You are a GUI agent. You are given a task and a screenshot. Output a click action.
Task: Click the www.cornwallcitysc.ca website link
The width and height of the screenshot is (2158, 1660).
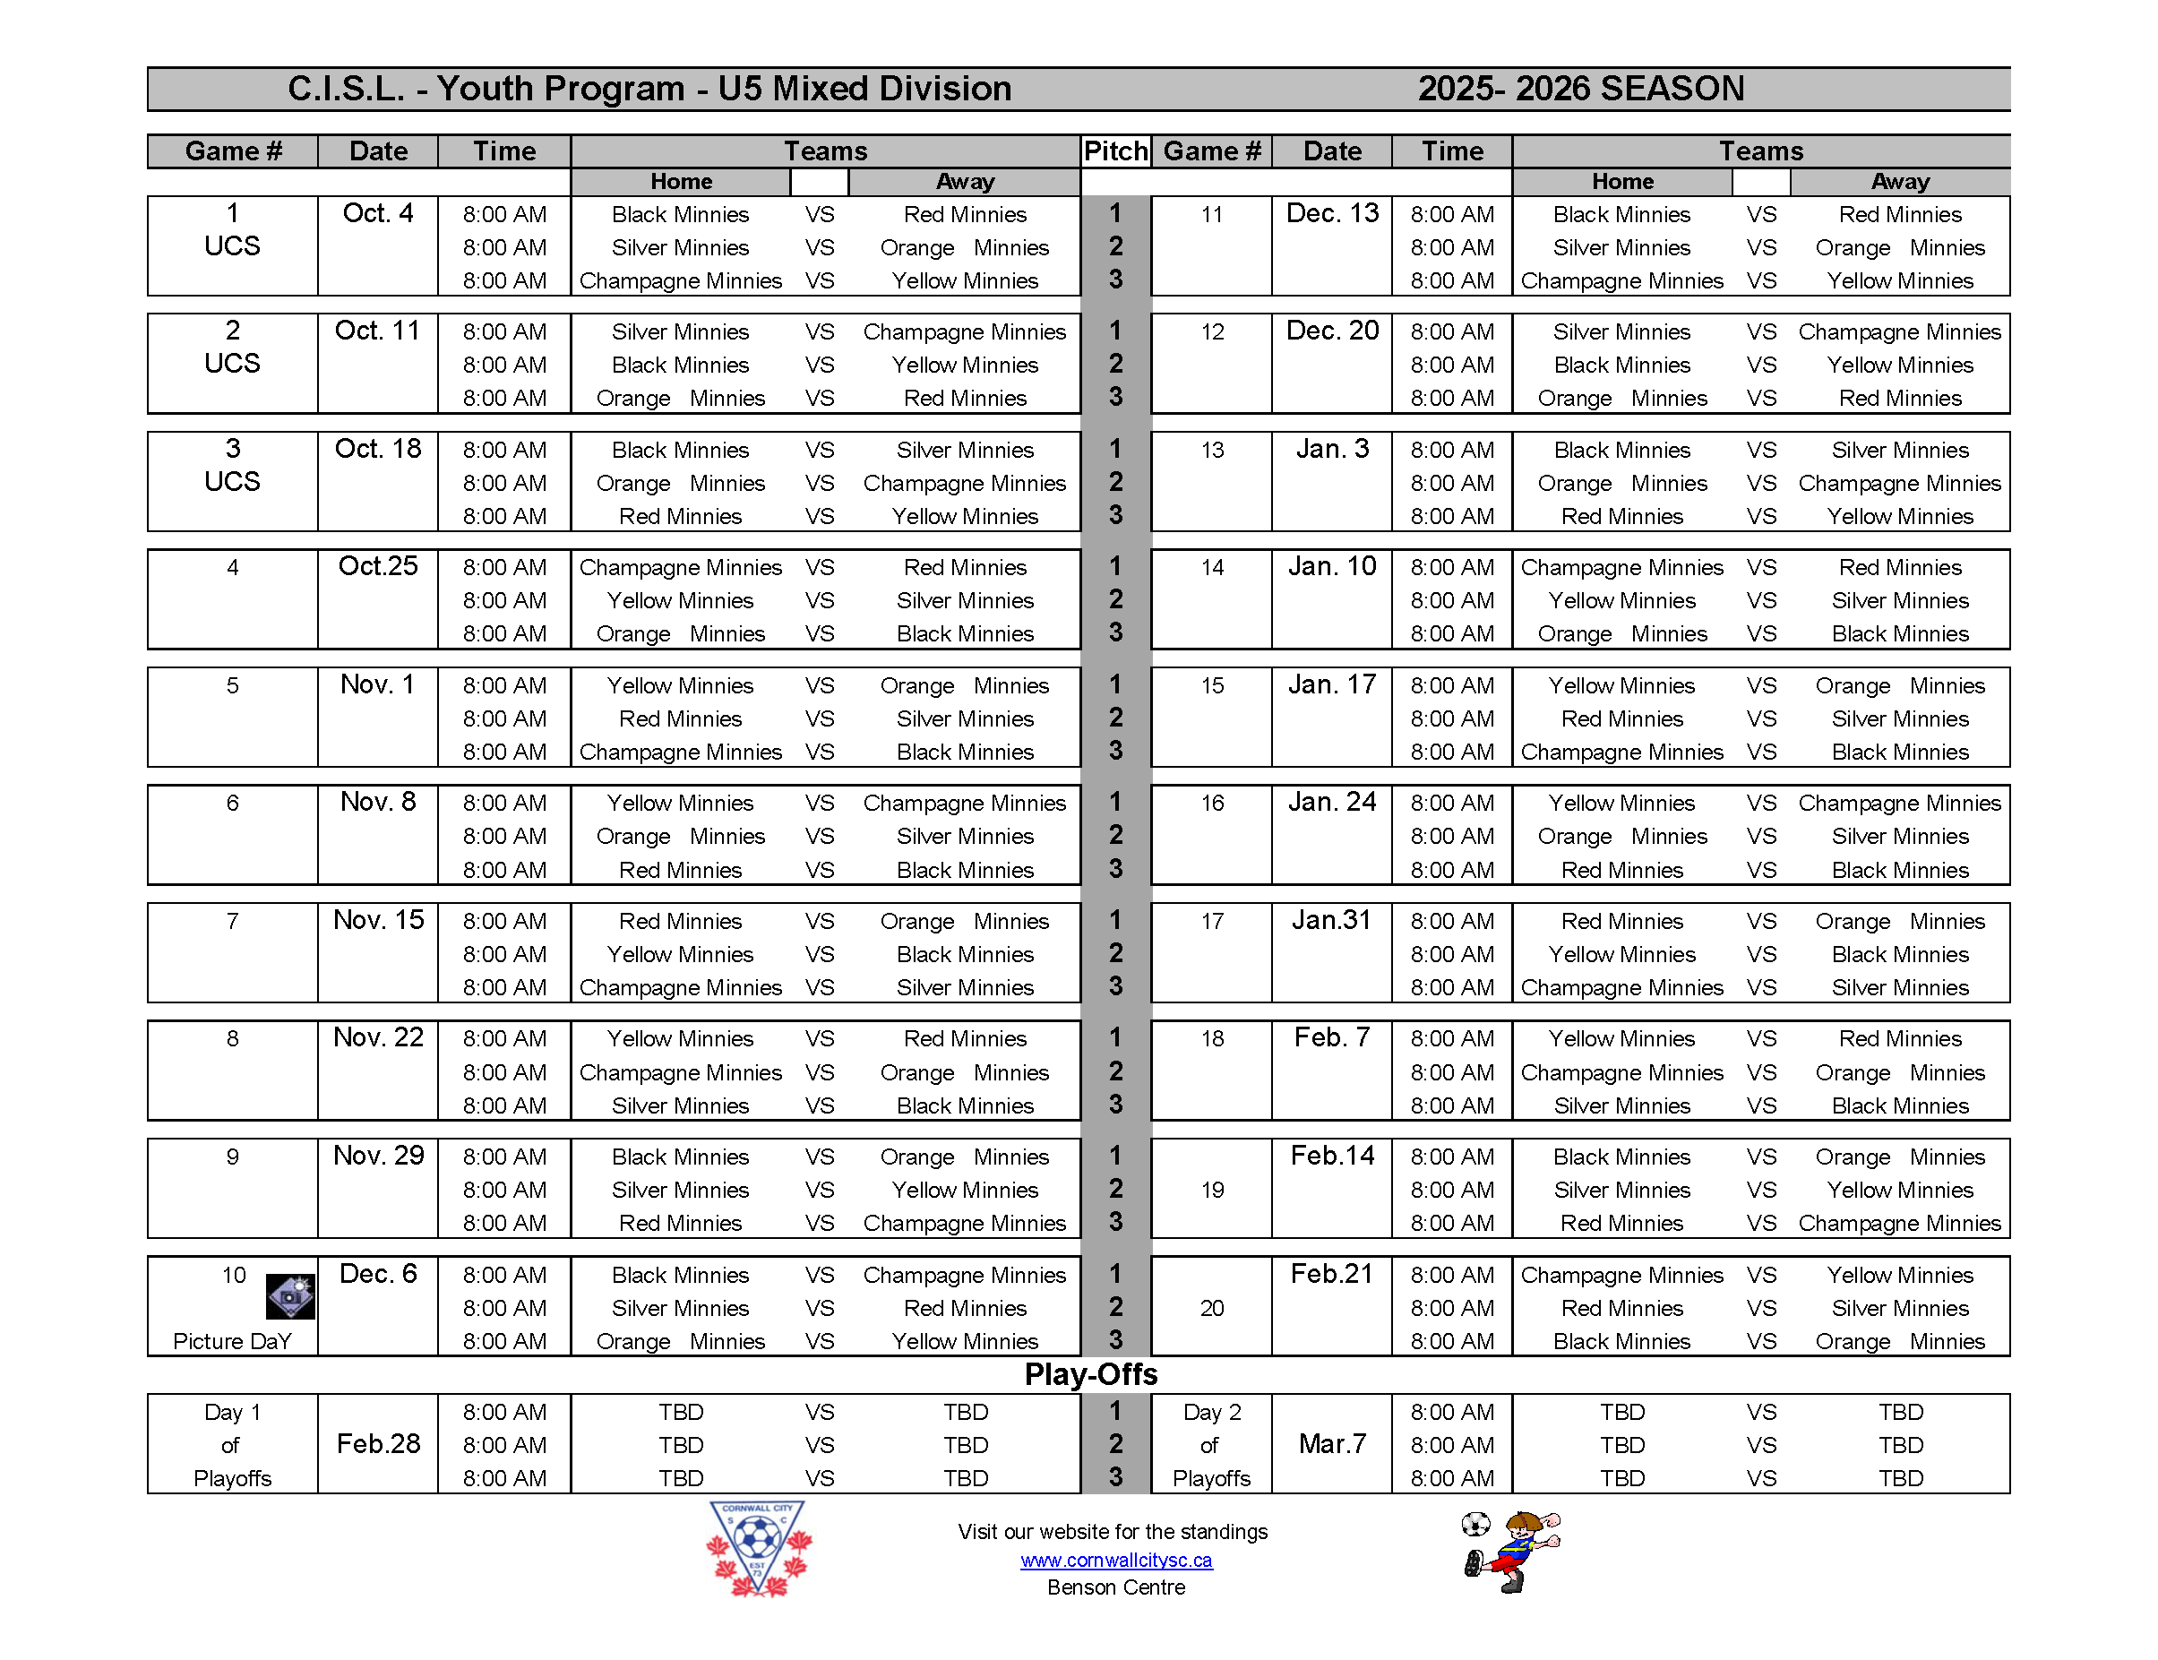pos(1115,1561)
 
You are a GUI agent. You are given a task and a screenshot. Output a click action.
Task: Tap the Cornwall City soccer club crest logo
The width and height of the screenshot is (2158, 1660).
pos(758,1547)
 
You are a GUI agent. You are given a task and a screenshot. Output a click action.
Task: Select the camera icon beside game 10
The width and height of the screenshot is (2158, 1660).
pos(290,1296)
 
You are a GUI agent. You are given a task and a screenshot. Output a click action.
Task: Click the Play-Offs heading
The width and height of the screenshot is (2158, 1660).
pos(1091,1374)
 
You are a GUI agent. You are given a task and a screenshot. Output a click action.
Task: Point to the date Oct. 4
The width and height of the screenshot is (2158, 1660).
pos(377,213)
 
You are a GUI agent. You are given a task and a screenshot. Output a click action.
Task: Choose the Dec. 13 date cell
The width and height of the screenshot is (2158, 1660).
pos(1332,213)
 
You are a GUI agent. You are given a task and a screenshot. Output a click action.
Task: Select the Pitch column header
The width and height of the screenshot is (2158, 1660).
pos(1115,151)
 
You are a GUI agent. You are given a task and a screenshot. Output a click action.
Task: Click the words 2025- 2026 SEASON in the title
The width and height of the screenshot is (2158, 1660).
pos(1581,89)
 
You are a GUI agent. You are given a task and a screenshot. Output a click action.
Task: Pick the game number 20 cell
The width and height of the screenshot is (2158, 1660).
pos(1211,1308)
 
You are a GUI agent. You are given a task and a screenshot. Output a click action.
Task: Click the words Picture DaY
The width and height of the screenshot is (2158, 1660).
pos(232,1341)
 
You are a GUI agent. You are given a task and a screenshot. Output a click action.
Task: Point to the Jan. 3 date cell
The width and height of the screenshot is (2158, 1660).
pos(1332,450)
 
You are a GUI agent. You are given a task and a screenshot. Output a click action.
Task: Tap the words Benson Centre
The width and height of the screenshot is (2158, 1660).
pos(1115,1587)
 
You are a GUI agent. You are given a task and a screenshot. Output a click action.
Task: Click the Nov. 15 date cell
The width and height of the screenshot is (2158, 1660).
pos(377,920)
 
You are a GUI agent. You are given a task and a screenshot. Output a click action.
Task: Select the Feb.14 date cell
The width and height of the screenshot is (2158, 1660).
pos(1332,1155)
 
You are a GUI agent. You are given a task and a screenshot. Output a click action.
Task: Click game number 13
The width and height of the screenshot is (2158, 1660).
pos(1211,450)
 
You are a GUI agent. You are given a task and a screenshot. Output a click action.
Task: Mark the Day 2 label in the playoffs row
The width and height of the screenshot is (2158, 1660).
pos(1211,1412)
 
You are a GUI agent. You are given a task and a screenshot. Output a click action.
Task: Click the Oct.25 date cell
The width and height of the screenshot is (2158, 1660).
pos(377,566)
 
